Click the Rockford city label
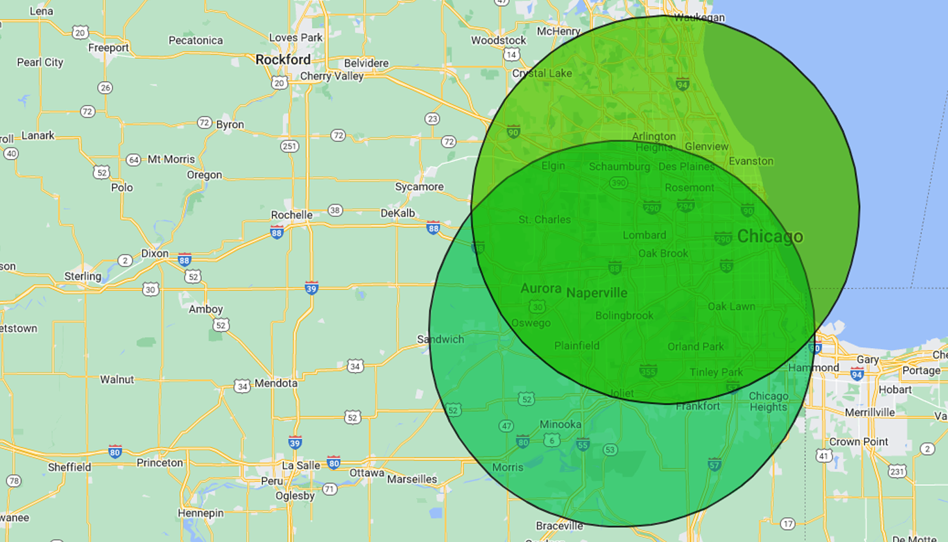tap(283, 60)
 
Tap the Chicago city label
tap(770, 236)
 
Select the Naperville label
tap(596, 293)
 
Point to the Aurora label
tap(541, 289)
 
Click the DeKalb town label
tap(397, 214)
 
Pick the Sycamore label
tap(419, 187)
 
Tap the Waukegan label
tap(699, 18)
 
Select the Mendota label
tap(275, 384)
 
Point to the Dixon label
tap(155, 254)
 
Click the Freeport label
tap(108, 48)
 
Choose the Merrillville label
tap(870, 412)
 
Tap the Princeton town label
tap(160, 463)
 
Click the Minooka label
tap(561, 425)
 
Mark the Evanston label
tap(751, 161)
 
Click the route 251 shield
tap(290, 146)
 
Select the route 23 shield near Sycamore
tap(432, 119)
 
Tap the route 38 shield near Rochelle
tap(335, 210)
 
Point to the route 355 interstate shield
tap(648, 371)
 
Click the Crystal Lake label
tap(542, 74)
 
